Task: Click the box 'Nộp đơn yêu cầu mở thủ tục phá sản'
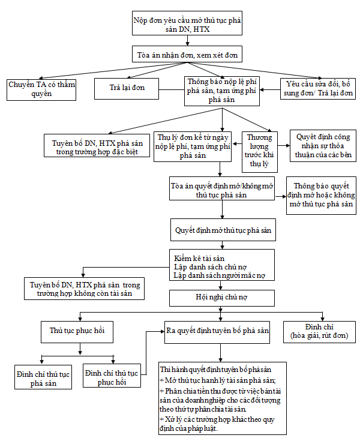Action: (187, 24)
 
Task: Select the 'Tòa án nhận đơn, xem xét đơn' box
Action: (187, 55)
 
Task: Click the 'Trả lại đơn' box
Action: (127, 89)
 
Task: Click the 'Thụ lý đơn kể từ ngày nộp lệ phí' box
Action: (193, 145)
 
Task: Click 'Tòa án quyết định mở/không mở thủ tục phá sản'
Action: (222, 188)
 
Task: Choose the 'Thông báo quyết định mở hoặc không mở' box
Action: (321, 196)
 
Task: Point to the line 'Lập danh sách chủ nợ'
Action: (210, 266)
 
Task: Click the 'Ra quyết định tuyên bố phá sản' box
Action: (217, 331)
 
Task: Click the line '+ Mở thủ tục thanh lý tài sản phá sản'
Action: (217, 380)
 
